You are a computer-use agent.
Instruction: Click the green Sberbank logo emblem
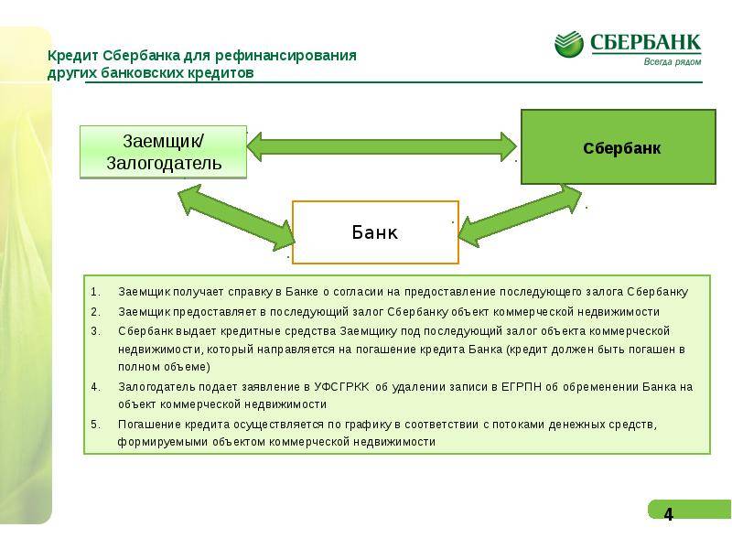pos(568,44)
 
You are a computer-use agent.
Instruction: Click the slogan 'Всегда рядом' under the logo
pos(673,61)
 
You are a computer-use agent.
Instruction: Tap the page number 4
pos(669,514)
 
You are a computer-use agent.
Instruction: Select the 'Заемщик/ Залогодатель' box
pos(164,152)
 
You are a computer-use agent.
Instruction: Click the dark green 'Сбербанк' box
pos(619,146)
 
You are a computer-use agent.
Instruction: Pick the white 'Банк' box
pos(375,232)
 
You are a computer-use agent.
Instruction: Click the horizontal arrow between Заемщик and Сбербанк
pos(382,146)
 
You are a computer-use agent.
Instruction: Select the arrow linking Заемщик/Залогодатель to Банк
pos(236,218)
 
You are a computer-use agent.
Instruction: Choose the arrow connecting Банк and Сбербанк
pos(520,216)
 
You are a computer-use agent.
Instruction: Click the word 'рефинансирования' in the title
pos(285,56)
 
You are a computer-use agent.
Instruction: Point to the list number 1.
pos(95,292)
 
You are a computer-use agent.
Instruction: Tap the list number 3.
pos(95,331)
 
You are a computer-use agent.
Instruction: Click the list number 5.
pos(95,425)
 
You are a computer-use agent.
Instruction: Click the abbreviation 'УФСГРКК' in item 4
pos(341,386)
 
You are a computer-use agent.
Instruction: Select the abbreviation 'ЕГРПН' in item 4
pos(521,386)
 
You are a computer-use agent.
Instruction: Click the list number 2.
pos(95,311)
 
